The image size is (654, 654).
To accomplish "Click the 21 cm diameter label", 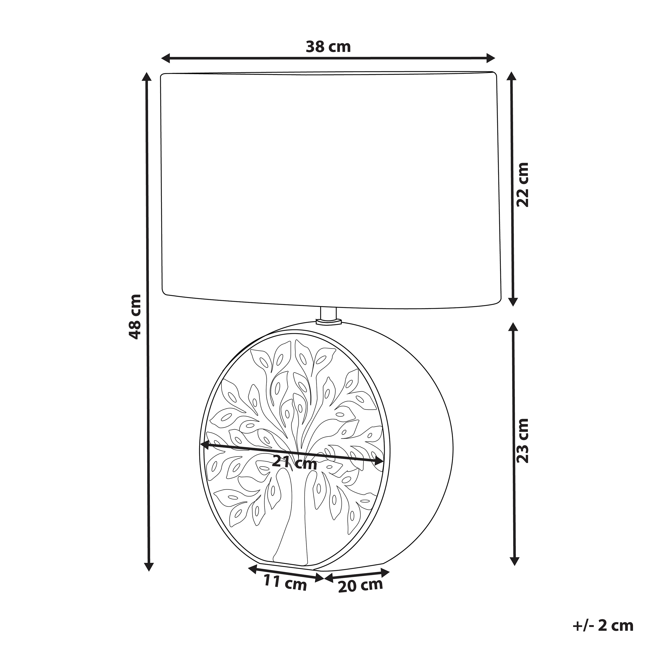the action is tap(294, 462).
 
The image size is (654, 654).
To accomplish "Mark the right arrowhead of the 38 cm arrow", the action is tap(491, 58).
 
